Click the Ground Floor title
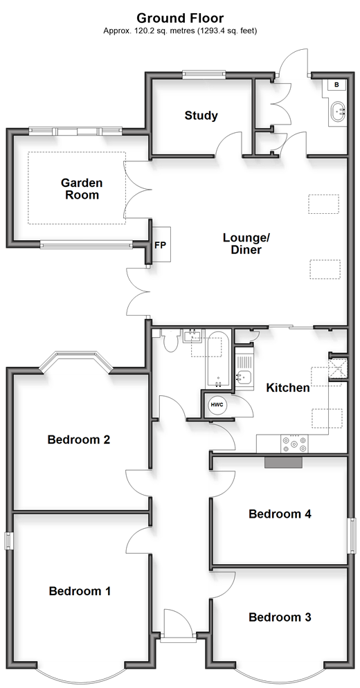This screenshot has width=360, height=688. (180, 18)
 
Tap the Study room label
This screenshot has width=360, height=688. (201, 116)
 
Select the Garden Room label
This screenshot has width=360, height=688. (82, 189)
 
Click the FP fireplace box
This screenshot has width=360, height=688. (160, 245)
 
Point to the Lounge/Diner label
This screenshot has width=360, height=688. (246, 244)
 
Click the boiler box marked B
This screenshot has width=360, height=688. (336, 84)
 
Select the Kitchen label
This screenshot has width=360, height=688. (288, 388)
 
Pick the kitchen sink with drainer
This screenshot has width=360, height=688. (243, 368)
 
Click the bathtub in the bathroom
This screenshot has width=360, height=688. (217, 360)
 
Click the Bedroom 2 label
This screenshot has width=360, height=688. (79, 440)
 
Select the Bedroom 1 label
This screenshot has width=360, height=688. (80, 591)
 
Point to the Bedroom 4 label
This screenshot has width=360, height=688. (280, 514)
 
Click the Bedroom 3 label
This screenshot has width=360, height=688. (280, 617)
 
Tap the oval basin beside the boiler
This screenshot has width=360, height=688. (337, 111)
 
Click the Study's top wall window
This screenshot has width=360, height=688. (204, 74)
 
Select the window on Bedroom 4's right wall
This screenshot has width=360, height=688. (352, 535)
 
